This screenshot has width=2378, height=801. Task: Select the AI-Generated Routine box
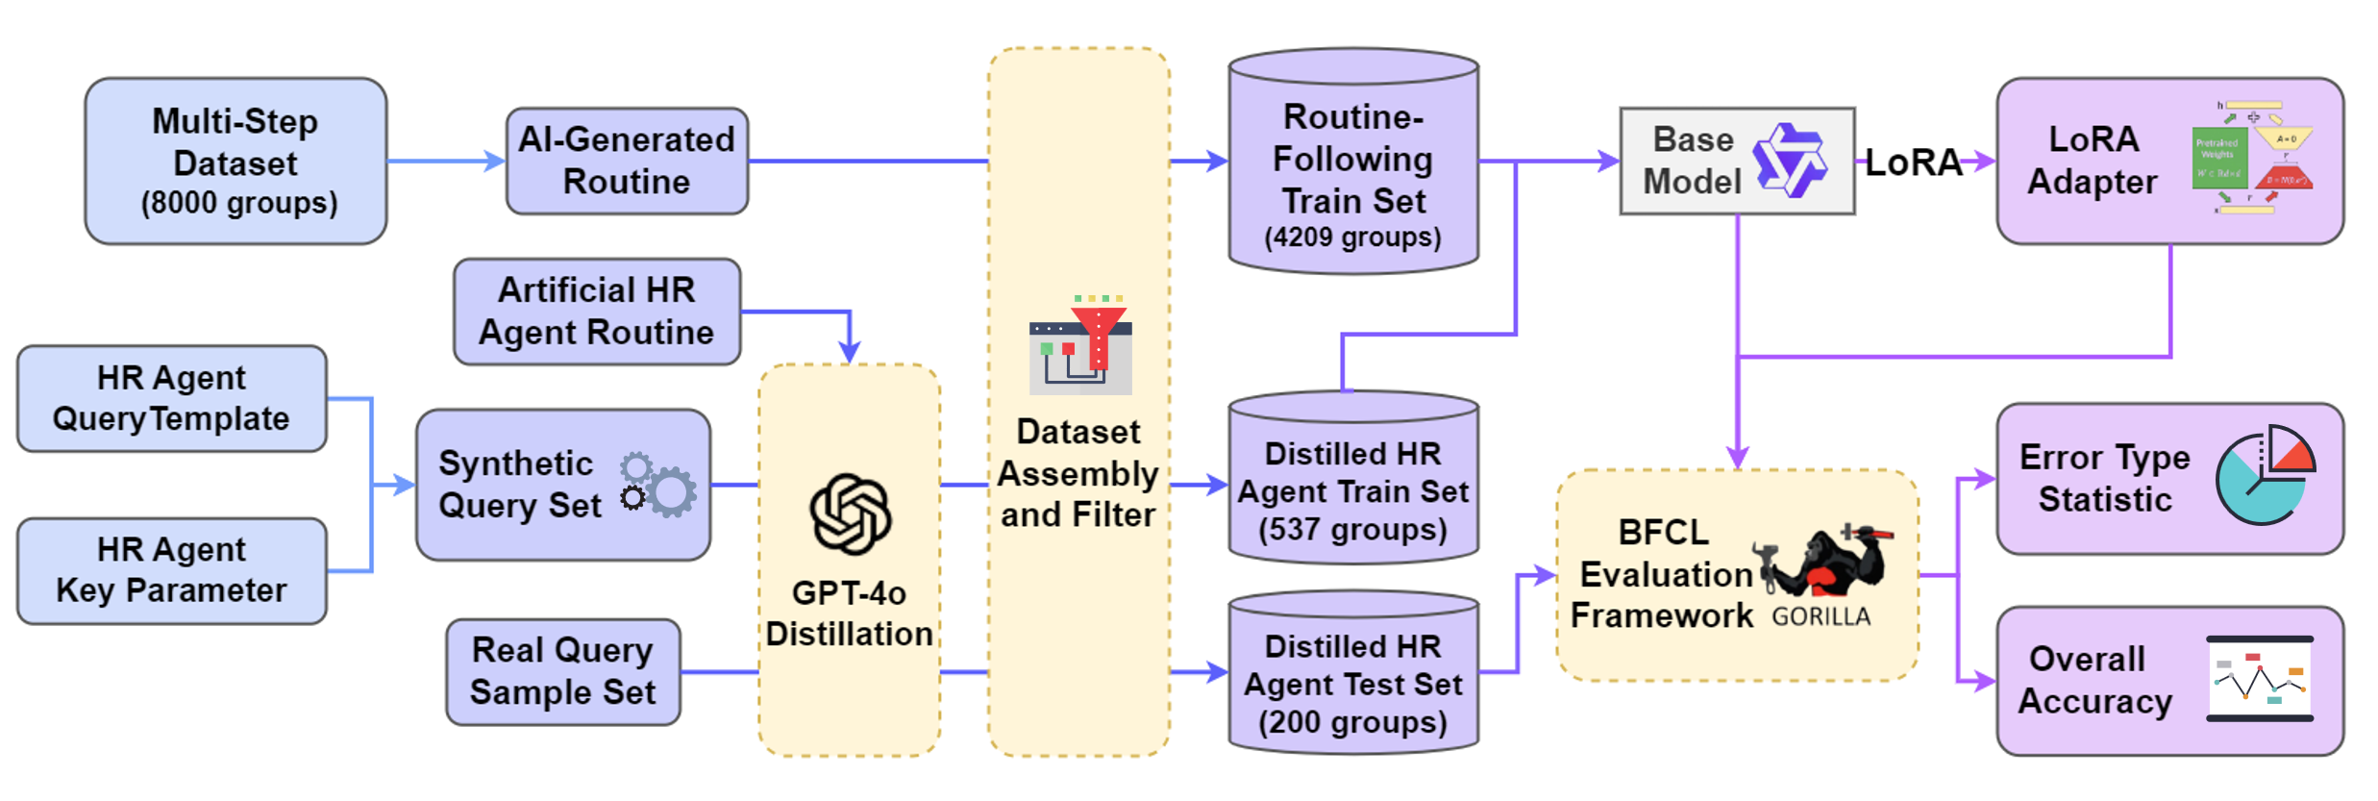coord(627,161)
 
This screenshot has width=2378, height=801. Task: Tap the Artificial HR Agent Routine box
coord(596,311)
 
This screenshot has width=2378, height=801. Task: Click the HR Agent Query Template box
coord(171,398)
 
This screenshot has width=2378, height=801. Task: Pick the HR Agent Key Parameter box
coord(171,570)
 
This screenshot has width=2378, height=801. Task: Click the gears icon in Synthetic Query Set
coord(657,484)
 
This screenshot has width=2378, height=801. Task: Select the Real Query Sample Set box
coord(562,671)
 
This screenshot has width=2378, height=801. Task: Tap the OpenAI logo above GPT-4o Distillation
coord(850,513)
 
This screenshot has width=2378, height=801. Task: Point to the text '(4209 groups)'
coord(1352,238)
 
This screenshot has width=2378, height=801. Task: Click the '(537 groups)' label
coord(1352,530)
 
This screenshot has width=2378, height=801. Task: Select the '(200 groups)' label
coord(1352,722)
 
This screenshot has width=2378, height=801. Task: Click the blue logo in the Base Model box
coord(1789,161)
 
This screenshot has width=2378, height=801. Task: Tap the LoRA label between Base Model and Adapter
coord(1914,163)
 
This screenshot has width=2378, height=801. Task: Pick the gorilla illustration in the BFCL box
coord(1822,563)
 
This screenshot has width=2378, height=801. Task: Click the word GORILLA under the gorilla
coord(1821,617)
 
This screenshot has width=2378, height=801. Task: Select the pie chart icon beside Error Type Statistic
coord(2265,475)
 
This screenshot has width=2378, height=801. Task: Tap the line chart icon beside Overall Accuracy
coord(2259,679)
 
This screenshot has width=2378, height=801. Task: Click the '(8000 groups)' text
coord(239,204)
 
